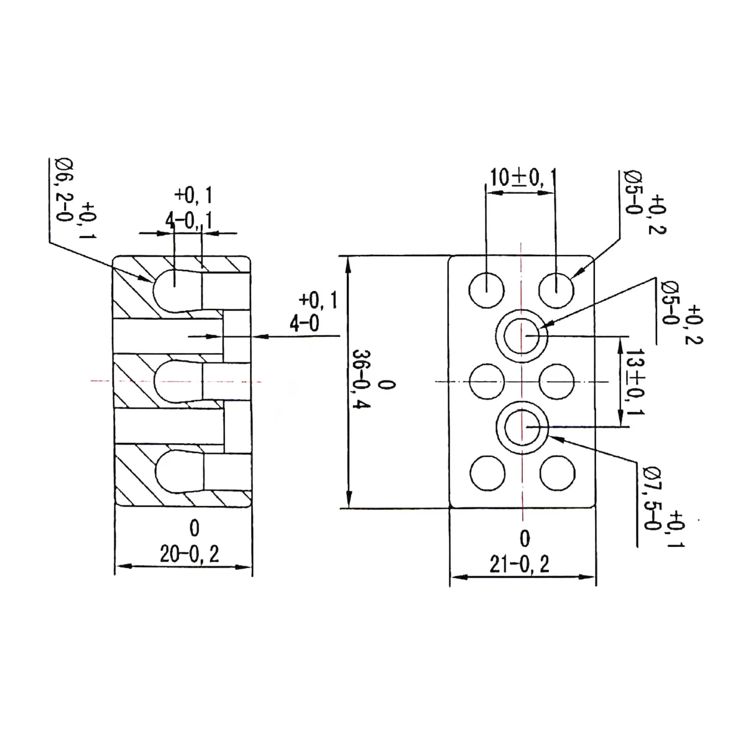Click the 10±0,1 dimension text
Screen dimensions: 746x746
pyautogui.click(x=520, y=178)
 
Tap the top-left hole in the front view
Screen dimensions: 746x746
pyautogui.click(x=487, y=290)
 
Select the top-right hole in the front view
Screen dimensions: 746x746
pyautogui.click(x=556, y=290)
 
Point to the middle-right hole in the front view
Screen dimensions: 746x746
pyautogui.click(x=556, y=381)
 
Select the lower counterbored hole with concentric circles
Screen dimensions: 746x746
pyautogui.click(x=522, y=427)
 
